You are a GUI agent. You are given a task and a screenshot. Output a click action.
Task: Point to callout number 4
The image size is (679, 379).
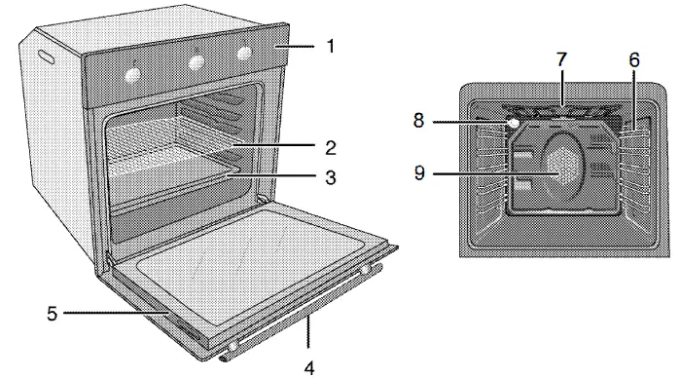[307, 367]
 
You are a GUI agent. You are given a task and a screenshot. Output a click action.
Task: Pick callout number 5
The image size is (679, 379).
[54, 314]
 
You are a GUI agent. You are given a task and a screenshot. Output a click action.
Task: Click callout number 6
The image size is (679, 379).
[633, 59]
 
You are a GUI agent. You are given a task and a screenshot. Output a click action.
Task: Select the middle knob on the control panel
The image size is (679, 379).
[197, 61]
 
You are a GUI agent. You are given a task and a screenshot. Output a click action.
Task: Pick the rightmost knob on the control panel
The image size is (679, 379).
[244, 54]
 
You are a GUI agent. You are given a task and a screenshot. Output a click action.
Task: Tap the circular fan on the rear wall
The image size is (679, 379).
[563, 167]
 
